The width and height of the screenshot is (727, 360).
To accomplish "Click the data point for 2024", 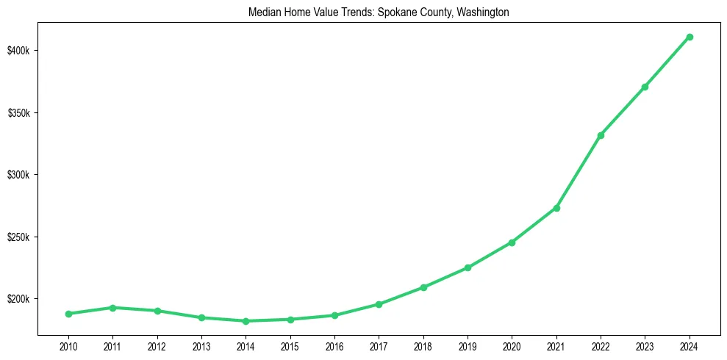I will (690, 37).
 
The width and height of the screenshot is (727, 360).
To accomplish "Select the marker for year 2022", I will (601, 135).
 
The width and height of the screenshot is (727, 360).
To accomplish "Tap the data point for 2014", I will (246, 321).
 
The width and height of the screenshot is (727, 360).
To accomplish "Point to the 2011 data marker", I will (112, 308).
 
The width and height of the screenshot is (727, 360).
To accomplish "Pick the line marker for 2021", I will (556, 208).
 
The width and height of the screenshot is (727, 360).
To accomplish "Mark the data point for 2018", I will (423, 287).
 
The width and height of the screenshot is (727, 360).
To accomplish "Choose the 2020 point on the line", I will (512, 242).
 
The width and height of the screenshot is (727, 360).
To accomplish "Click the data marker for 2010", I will (68, 314).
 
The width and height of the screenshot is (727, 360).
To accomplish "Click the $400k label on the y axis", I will (18, 51).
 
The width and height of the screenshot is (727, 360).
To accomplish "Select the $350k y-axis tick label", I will (18, 113).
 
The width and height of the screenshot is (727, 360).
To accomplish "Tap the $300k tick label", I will (18, 175).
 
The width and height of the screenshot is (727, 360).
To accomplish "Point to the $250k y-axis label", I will (18, 237).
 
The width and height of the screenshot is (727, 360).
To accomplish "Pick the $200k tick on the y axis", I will (18, 300).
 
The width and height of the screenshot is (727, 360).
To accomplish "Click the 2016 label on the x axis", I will (334, 346).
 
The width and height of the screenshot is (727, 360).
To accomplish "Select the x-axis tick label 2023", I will (645, 346).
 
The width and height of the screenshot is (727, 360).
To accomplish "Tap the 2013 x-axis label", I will (201, 346).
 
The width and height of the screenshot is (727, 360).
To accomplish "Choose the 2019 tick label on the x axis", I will (468, 346).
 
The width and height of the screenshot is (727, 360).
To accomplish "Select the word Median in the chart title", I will (264, 12).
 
